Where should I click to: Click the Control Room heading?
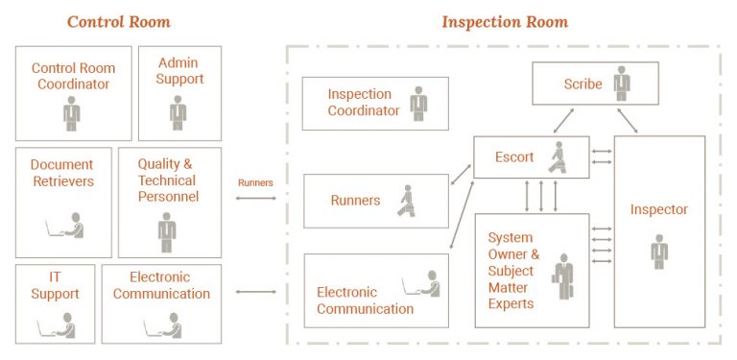pyautogui.click(x=119, y=21)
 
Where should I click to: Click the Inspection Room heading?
pyautogui.click(x=504, y=21)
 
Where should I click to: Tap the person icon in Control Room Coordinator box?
pyautogui.click(x=72, y=113)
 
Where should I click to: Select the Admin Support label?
pyautogui.click(x=179, y=70)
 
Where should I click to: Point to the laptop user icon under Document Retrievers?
pyautogui.click(x=65, y=227)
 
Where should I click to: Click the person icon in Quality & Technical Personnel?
pyautogui.click(x=167, y=231)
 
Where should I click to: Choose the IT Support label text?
pyautogui.click(x=55, y=285)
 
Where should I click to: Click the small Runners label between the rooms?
pyautogui.click(x=254, y=181)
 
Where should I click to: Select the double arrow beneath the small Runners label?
pyautogui.click(x=254, y=199)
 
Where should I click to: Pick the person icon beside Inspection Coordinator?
pyautogui.click(x=417, y=103)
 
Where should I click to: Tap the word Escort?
pyautogui.click(x=514, y=156)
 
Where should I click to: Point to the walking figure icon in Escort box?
pyautogui.click(x=557, y=156)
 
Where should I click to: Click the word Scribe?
pyautogui.click(x=582, y=84)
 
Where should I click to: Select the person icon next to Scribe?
pyautogui.click(x=622, y=83)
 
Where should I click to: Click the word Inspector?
pyautogui.click(x=658, y=209)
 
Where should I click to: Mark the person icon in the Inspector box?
pyautogui.click(x=658, y=251)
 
